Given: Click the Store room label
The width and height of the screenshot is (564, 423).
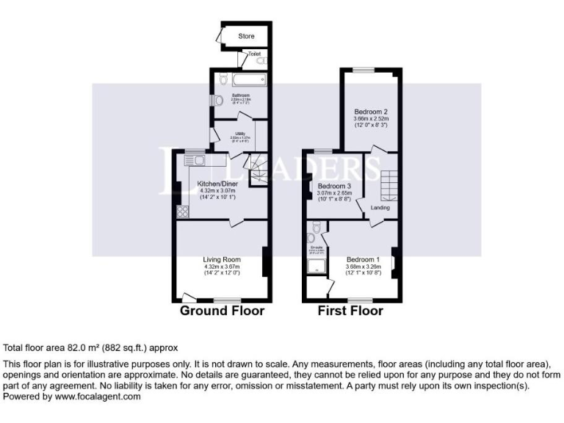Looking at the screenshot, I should pyautogui.click(x=246, y=35).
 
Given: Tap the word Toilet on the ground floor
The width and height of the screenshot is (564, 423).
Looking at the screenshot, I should pyautogui.click(x=254, y=54).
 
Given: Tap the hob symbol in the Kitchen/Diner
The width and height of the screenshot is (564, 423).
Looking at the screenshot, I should pyautogui.click(x=182, y=211).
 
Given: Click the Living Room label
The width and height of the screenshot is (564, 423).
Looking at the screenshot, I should pyautogui.click(x=222, y=259).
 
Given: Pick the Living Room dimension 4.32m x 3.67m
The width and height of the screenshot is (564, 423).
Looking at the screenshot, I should pyautogui.click(x=222, y=267).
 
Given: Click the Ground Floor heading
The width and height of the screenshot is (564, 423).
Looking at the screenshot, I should pyautogui.click(x=222, y=311).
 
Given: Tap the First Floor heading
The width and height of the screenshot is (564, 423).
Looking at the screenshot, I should pyautogui.click(x=350, y=311).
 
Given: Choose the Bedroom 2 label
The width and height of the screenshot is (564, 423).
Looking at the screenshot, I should pyautogui.click(x=370, y=112).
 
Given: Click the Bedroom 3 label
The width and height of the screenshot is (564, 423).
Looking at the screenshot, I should pyautogui.click(x=334, y=187).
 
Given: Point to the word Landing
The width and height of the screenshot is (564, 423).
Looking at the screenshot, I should pyautogui.click(x=380, y=208).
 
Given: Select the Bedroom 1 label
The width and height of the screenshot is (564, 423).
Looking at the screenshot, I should pyautogui.click(x=363, y=259).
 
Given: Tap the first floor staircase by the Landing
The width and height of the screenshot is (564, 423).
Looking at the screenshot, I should pyautogui.click(x=387, y=184).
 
